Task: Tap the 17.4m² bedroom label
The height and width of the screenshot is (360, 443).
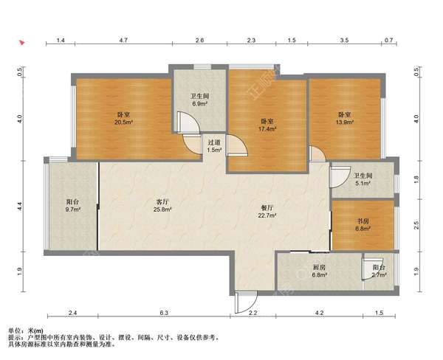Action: click(267, 125)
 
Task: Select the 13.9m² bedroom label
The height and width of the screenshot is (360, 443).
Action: click(345, 119)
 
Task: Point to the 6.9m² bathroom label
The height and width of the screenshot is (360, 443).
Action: click(200, 100)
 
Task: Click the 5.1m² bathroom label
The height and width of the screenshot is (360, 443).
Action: click(363, 179)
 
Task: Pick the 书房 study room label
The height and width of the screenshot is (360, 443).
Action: click(363, 225)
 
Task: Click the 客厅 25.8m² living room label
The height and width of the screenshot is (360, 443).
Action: click(162, 206)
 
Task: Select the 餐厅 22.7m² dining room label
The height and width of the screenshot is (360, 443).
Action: click(267, 212)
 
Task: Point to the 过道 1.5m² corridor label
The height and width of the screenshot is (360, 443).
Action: click(214, 146)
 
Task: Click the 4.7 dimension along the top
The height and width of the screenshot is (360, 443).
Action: click(123, 40)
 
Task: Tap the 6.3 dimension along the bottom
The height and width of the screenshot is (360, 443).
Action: click(164, 313)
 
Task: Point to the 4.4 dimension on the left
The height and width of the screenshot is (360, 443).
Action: click(19, 206)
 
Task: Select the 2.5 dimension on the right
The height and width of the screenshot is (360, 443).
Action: click(416, 225)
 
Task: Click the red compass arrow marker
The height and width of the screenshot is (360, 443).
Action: click(21, 43)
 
